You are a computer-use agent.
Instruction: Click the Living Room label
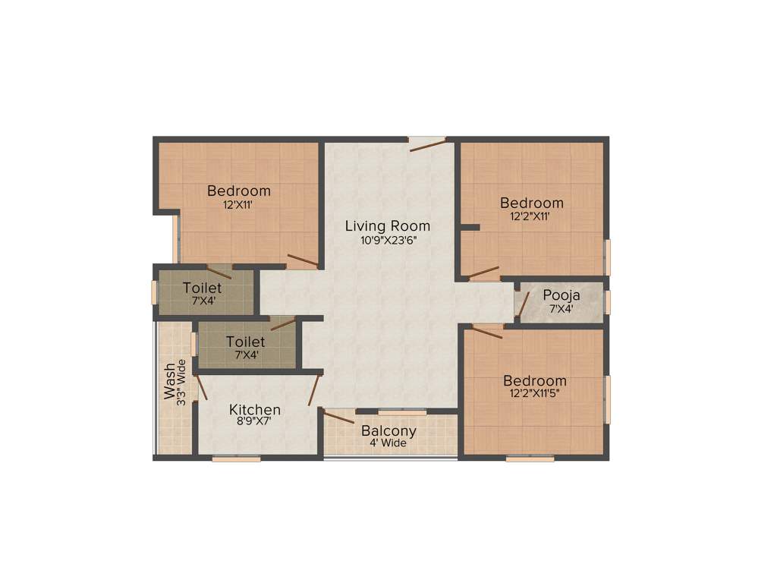387,225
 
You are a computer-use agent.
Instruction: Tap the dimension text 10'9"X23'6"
388,241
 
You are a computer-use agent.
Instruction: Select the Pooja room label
562,295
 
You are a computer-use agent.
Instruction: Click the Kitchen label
255,409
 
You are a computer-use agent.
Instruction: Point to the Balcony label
388,430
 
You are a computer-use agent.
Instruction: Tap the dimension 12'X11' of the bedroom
238,204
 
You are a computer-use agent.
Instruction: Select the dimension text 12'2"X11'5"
535,393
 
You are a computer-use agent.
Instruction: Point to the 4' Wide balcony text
388,443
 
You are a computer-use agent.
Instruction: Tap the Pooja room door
523,303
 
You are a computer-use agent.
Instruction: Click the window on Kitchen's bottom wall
236,458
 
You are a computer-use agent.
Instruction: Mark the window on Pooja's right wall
607,301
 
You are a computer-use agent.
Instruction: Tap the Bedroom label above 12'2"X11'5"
535,380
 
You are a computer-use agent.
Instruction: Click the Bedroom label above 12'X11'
239,191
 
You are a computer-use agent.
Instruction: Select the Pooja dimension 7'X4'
562,308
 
